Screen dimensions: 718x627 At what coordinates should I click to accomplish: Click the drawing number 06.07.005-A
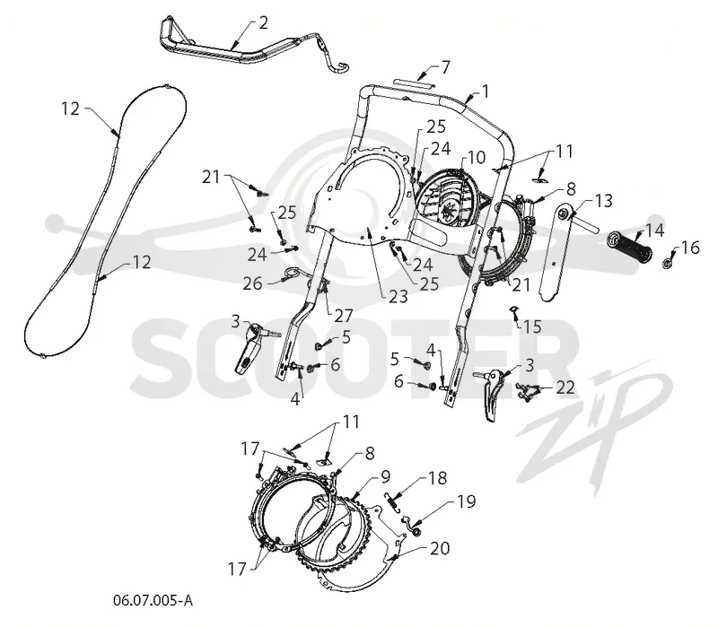coord(153,600)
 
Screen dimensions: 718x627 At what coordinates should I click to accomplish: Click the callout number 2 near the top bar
coord(263,23)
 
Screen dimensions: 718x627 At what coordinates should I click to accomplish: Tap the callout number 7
coord(445,67)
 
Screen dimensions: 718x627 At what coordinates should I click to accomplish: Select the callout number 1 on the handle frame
coord(486,91)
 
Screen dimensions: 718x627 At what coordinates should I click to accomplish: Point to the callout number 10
coord(477,158)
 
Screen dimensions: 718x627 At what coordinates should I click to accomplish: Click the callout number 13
coord(603,200)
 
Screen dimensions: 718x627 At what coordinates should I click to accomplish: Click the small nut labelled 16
coord(668,263)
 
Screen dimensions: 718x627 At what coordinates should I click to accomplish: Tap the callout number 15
coord(532,327)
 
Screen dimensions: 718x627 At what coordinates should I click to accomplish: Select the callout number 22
coord(565,388)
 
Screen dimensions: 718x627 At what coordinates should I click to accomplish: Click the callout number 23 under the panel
coord(398,297)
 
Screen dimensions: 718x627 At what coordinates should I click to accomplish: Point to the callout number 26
coord(252,283)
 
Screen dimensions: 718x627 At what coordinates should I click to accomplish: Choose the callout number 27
coord(344,315)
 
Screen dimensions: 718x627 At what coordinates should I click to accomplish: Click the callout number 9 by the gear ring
coord(386,477)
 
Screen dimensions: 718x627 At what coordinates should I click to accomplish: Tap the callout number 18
coord(438,478)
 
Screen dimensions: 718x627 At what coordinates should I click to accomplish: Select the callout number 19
coord(466,501)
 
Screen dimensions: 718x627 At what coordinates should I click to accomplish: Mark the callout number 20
coord(440,547)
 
